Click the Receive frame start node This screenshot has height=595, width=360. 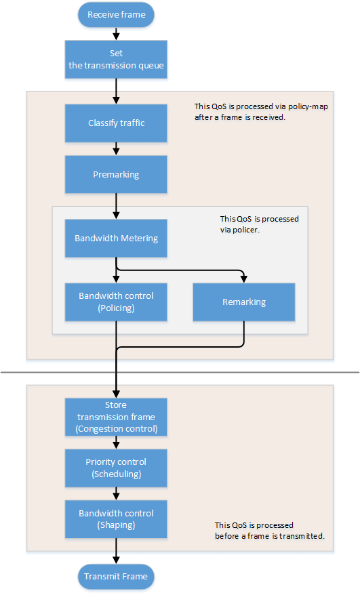[x=116, y=14]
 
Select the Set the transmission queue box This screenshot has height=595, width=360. [x=116, y=60]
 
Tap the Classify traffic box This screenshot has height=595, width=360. [x=116, y=123]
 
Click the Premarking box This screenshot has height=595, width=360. [x=116, y=174]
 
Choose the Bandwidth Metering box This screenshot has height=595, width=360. [x=116, y=238]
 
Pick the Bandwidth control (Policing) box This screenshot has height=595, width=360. [x=116, y=302]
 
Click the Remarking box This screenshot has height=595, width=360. [x=244, y=302]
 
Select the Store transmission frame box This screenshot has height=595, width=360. [x=116, y=417]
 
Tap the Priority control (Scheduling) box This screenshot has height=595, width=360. [x=116, y=468]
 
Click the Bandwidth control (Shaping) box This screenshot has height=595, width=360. [x=116, y=519]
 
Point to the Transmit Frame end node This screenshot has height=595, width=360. [x=116, y=577]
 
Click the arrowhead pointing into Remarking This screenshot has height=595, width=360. [x=244, y=279]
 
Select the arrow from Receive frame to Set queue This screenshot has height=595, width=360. [x=116, y=33]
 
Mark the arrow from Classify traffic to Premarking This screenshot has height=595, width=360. [x=116, y=149]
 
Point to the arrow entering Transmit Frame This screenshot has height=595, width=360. [x=116, y=552]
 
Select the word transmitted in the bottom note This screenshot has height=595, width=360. [x=303, y=535]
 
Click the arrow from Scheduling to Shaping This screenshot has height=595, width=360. [x=116, y=494]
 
